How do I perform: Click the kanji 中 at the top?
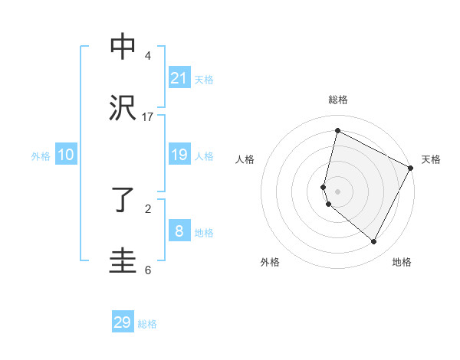[x=123, y=47]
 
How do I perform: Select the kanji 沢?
[x=123, y=109]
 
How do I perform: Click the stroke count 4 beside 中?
[x=148, y=56]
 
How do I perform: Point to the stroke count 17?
[x=147, y=117]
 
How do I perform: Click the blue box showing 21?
[x=179, y=78]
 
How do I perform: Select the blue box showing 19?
[x=179, y=155]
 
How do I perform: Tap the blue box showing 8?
[x=179, y=231]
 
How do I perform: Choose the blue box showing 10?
[x=66, y=155]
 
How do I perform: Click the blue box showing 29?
[x=123, y=322]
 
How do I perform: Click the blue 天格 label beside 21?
[x=203, y=79]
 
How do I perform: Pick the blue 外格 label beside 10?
[x=41, y=155]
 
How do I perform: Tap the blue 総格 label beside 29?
[x=147, y=324]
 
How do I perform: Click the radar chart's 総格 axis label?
[x=337, y=100]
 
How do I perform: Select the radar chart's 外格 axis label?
[x=270, y=262]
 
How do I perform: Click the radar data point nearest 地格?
[x=374, y=242]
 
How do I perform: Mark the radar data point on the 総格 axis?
[x=337, y=131]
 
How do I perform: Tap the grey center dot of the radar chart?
[x=337, y=191]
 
